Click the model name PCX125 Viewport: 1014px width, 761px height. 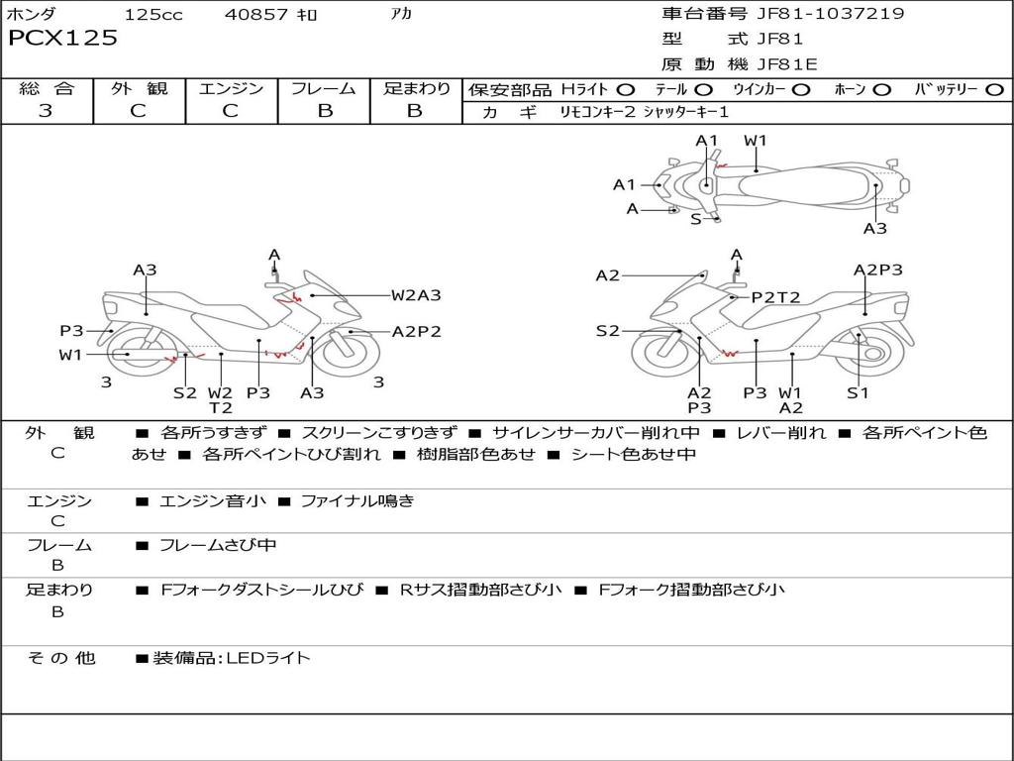(62, 39)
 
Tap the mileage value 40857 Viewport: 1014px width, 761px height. (255, 15)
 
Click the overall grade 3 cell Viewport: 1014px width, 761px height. (46, 111)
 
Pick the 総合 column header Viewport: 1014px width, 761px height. (46, 89)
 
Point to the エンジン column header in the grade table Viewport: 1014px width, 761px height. (231, 89)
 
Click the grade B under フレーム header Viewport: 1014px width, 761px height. (325, 111)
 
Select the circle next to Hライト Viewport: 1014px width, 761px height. (626, 90)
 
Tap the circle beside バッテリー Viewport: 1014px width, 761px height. (994, 90)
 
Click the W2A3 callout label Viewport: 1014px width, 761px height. (415, 294)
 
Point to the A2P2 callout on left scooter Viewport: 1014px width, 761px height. (416, 332)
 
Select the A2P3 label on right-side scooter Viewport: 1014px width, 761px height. (877, 270)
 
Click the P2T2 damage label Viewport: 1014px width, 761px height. (774, 296)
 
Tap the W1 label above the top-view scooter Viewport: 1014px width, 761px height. (756, 141)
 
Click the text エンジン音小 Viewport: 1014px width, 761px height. (212, 501)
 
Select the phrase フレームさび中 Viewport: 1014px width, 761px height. (218, 545)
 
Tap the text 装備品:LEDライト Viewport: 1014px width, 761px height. (231, 658)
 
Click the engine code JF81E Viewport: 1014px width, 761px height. (785, 64)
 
